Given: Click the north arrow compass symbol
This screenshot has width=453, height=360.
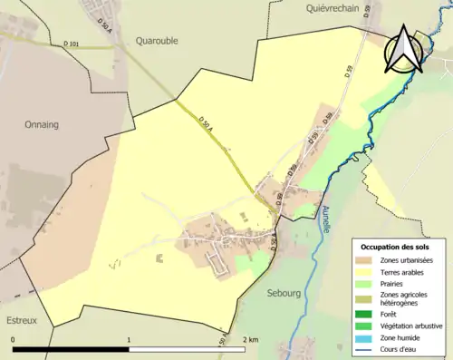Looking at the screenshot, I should tap(403, 51).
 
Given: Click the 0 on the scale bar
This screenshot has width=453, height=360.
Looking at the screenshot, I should tap(13, 340).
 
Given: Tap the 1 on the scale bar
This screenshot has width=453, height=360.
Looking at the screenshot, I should tap(130, 340).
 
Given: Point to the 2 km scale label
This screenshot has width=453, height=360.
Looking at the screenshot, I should tap(251, 340).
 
